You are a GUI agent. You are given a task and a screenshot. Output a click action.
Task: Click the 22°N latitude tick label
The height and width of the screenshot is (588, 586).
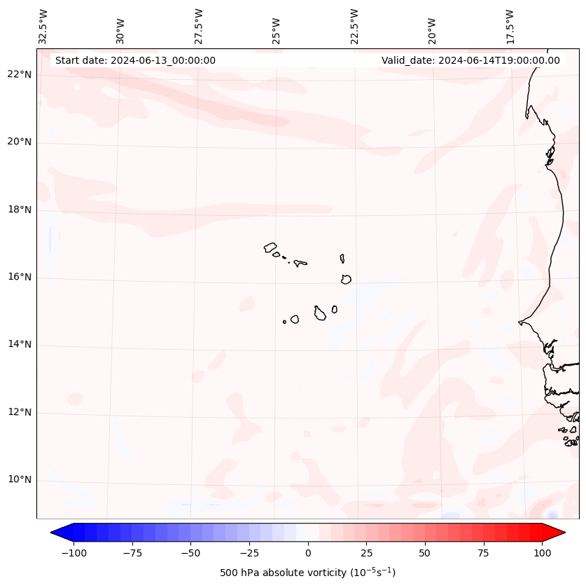pyautogui.click(x=20, y=75)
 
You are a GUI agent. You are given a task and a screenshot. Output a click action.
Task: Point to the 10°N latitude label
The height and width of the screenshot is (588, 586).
pyautogui.click(x=20, y=480)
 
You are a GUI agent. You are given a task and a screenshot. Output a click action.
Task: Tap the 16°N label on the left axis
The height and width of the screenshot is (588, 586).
pyautogui.click(x=20, y=278)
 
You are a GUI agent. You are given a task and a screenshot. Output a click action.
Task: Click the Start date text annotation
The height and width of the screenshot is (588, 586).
pyautogui.click(x=135, y=60)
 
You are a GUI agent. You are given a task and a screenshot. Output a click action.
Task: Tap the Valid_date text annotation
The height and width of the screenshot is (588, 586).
pyautogui.click(x=470, y=60)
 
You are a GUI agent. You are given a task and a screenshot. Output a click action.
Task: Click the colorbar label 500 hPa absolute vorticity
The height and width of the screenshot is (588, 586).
pyautogui.click(x=307, y=573)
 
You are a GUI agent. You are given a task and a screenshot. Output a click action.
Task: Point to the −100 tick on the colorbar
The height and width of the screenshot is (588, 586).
pyautogui.click(x=74, y=554)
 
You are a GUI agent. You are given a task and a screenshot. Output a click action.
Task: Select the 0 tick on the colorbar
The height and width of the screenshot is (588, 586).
pyautogui.click(x=307, y=554)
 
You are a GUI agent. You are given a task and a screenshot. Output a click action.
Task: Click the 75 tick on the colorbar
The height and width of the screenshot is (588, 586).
pyautogui.click(x=483, y=554)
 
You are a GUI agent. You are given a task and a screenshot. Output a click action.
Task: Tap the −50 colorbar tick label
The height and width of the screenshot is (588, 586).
pyautogui.click(x=190, y=554)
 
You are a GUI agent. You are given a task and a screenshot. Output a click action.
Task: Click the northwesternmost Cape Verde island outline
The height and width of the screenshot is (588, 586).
pyautogui.click(x=270, y=247)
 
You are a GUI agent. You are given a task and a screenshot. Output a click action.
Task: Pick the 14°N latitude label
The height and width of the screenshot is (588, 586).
pyautogui.click(x=20, y=345)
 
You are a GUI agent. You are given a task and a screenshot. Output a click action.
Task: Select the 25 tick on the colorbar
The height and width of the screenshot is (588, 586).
pyautogui.click(x=366, y=554)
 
